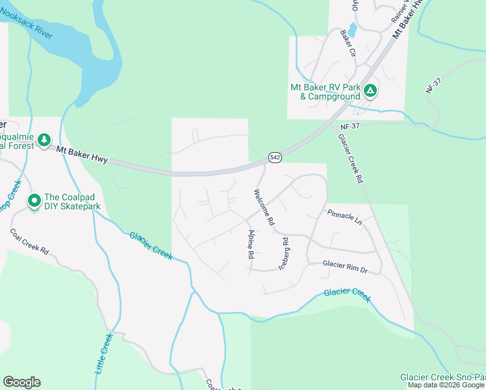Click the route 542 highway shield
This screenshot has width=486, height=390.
click(275, 158)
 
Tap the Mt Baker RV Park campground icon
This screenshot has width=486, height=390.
click(370, 91)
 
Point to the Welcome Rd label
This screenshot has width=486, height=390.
click(264, 207)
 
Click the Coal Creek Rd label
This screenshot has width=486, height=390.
click(30, 241)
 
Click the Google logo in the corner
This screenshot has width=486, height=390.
click(21, 382)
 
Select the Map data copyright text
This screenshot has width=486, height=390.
click(446, 385)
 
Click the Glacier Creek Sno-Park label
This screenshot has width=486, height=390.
click(442, 377)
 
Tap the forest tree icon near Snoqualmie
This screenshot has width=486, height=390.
click(44, 140)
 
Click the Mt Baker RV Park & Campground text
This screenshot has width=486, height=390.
click(325, 92)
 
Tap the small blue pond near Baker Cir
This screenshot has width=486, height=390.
click(352, 30)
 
